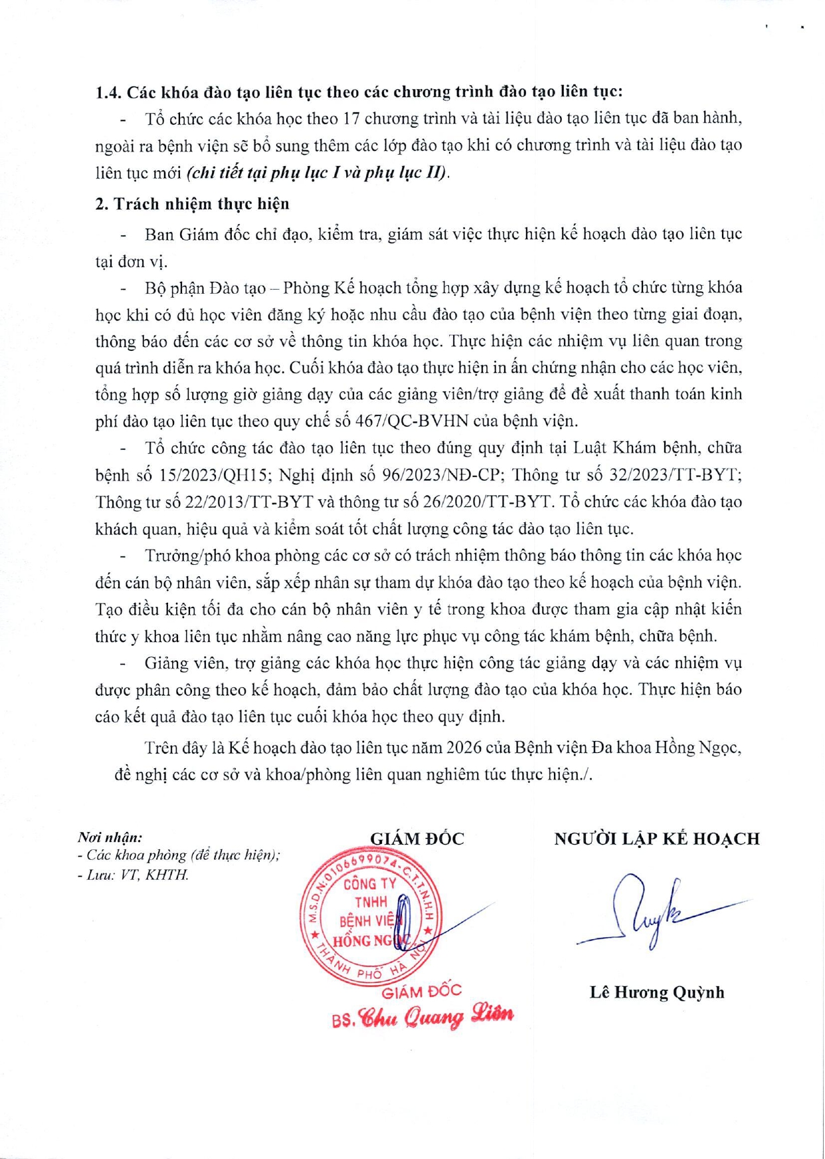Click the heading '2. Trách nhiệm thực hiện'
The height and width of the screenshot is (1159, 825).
pos(192,203)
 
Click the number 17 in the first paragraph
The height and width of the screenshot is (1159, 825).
pos(352,119)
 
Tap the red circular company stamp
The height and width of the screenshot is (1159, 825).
pos(369,916)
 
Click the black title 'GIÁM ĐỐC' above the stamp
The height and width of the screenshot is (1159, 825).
pos(417,839)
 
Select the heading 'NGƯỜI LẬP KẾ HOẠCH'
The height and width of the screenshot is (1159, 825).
pos(657,839)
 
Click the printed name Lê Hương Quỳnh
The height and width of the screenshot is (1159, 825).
pos(657,992)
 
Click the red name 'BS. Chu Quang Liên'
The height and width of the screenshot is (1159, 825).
pos(422,1017)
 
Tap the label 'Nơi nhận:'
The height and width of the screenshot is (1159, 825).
pos(110,837)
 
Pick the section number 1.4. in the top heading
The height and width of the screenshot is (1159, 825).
pos(109,92)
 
